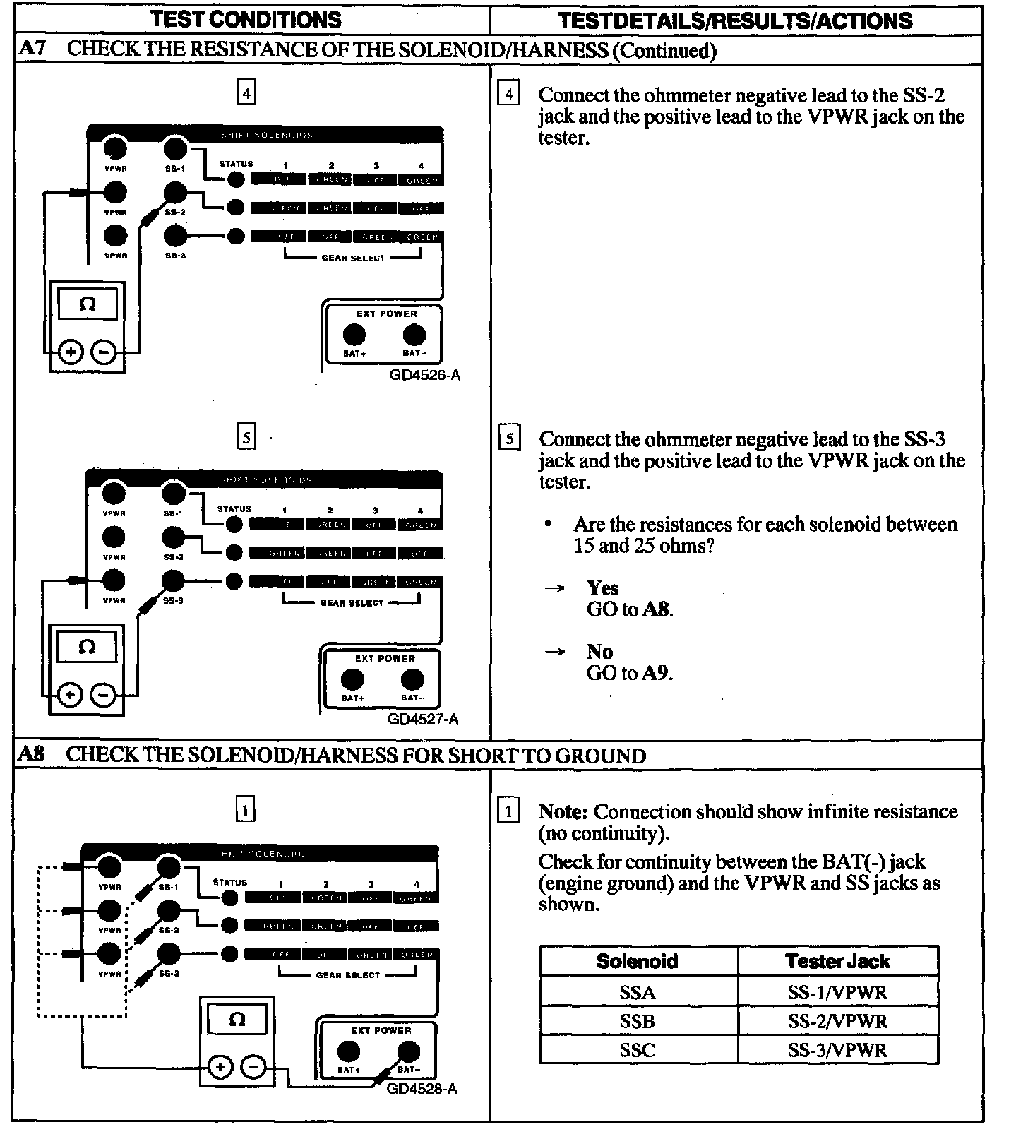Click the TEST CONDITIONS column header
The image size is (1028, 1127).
point(245,19)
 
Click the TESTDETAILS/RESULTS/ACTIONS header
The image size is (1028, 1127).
point(735,20)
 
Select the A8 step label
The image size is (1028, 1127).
point(32,754)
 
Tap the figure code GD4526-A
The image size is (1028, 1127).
point(424,375)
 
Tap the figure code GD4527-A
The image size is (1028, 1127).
point(423,719)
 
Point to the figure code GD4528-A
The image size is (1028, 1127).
point(422,1088)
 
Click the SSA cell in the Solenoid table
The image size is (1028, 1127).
point(638,992)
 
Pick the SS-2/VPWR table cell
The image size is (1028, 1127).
point(837,1021)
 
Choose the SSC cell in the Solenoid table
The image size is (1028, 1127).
point(638,1050)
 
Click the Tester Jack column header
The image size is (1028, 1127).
point(837,961)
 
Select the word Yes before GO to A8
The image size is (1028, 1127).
point(602,588)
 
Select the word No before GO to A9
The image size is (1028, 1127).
point(599,652)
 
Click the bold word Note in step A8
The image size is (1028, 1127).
point(563,812)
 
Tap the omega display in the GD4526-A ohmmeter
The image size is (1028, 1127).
point(88,304)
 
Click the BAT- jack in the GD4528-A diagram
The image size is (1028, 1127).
point(407,1052)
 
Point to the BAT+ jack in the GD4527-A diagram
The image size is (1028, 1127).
point(352,679)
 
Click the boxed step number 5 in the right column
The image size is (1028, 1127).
point(509,439)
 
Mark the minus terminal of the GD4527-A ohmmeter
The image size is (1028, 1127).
point(104,696)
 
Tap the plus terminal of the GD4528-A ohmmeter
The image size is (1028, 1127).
point(220,1066)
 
